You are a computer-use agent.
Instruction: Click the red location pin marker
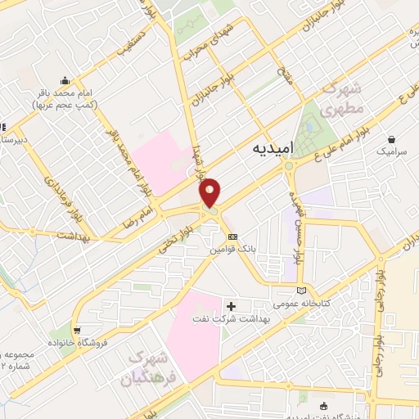pyautogui.click(x=211, y=192)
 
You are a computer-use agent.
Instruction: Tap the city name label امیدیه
pyautogui.click(x=267, y=148)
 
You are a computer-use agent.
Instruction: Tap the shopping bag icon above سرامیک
pyautogui.click(x=393, y=139)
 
